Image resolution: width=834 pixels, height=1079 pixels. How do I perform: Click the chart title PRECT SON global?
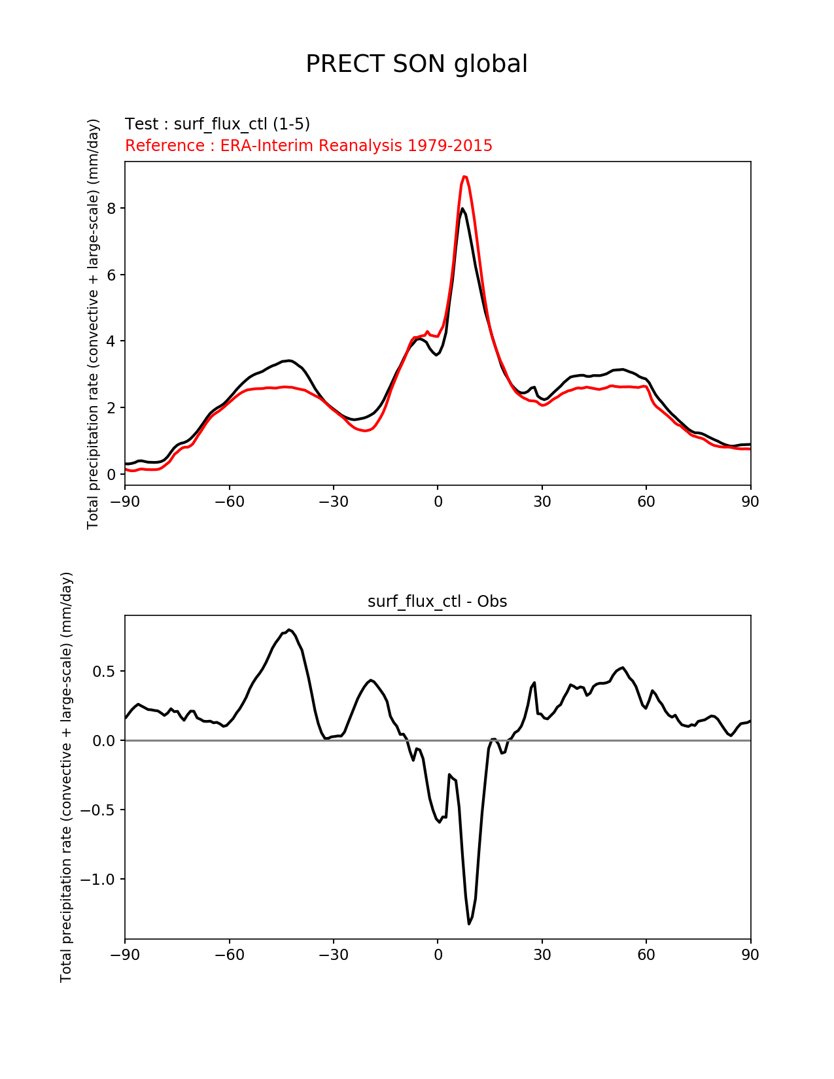click(x=417, y=64)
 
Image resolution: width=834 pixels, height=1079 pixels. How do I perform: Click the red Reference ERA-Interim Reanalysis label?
click(x=309, y=146)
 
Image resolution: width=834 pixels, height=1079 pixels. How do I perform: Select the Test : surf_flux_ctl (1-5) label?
click(x=217, y=124)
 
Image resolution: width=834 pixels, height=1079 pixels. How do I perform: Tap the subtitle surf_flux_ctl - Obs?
click(x=437, y=602)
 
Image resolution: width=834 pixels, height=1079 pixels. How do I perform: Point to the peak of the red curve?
click(x=464, y=177)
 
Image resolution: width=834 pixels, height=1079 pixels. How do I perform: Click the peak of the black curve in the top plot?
click(x=462, y=209)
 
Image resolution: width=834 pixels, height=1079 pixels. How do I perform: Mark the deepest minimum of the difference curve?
click(x=469, y=923)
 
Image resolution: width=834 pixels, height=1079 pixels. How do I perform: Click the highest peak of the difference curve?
click(x=289, y=630)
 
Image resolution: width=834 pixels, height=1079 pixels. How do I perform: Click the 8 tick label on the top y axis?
click(x=112, y=209)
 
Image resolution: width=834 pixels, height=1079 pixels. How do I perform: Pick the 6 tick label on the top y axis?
click(x=112, y=275)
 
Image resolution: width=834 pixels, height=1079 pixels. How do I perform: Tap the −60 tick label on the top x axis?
click(x=229, y=502)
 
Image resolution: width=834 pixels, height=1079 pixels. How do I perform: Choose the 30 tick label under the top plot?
click(x=542, y=502)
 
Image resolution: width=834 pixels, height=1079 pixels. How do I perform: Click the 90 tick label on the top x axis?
click(x=750, y=502)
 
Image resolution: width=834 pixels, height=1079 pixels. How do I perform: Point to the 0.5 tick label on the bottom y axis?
click(x=103, y=672)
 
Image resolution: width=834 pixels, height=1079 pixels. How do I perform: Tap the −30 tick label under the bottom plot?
click(x=333, y=955)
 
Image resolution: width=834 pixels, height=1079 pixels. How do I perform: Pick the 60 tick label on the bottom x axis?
click(x=646, y=955)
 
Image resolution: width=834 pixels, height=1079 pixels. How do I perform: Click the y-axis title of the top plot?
click(x=93, y=324)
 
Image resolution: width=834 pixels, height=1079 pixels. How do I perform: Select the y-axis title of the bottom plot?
click(x=66, y=777)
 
